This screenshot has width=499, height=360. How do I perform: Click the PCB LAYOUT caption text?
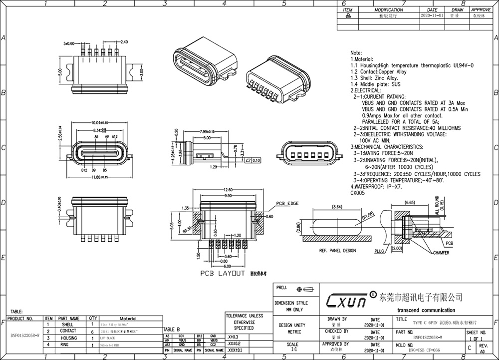tap(223, 274)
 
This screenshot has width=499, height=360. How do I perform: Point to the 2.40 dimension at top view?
tap(124, 42)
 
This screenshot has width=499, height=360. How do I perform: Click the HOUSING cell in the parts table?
tap(68, 338)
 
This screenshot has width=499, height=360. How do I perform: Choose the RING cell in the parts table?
tap(68, 345)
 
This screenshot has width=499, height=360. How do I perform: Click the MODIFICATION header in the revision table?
tap(388, 10)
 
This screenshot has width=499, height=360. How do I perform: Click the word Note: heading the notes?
tap(356, 52)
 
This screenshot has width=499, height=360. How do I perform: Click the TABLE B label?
tap(171, 330)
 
